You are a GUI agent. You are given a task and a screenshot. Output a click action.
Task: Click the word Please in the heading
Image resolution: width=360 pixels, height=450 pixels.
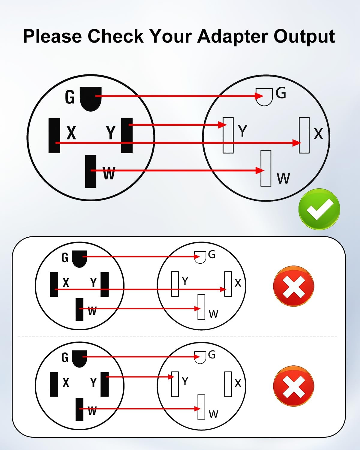[52, 37]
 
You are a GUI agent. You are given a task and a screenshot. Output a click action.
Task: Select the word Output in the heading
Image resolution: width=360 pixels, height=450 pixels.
[304, 37]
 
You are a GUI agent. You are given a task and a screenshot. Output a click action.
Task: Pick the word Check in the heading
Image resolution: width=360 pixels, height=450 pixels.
[115, 36]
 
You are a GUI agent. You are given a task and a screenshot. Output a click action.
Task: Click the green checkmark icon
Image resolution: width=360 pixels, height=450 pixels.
[319, 209]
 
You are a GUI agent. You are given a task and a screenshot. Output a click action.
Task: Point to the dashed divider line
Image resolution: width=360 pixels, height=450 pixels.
[178, 337]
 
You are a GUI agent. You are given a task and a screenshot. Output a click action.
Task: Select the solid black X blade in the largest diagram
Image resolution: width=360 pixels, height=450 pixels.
[54, 136]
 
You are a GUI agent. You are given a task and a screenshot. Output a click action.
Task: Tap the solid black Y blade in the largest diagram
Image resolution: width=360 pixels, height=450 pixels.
[127, 136]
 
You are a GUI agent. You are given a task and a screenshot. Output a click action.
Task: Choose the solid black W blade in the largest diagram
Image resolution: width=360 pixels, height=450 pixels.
[91, 172]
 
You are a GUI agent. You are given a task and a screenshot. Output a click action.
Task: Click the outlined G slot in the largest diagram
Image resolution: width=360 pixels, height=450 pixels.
[264, 97]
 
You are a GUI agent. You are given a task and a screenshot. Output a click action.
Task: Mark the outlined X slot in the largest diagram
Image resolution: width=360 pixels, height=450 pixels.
[304, 135]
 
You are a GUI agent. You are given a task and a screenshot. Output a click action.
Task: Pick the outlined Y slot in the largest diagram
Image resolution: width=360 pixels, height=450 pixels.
[228, 135]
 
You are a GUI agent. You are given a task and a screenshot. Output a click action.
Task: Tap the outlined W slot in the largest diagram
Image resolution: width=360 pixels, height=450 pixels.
[266, 168]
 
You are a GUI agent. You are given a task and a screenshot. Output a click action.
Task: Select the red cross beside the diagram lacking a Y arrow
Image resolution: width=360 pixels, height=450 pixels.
[293, 286]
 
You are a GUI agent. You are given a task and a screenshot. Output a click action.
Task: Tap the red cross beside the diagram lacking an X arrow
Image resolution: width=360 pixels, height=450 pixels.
[293, 386]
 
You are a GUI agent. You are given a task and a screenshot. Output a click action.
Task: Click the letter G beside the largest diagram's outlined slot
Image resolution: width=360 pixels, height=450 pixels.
[281, 93]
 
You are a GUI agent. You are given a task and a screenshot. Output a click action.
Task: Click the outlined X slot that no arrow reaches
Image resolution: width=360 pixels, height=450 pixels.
[228, 384]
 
